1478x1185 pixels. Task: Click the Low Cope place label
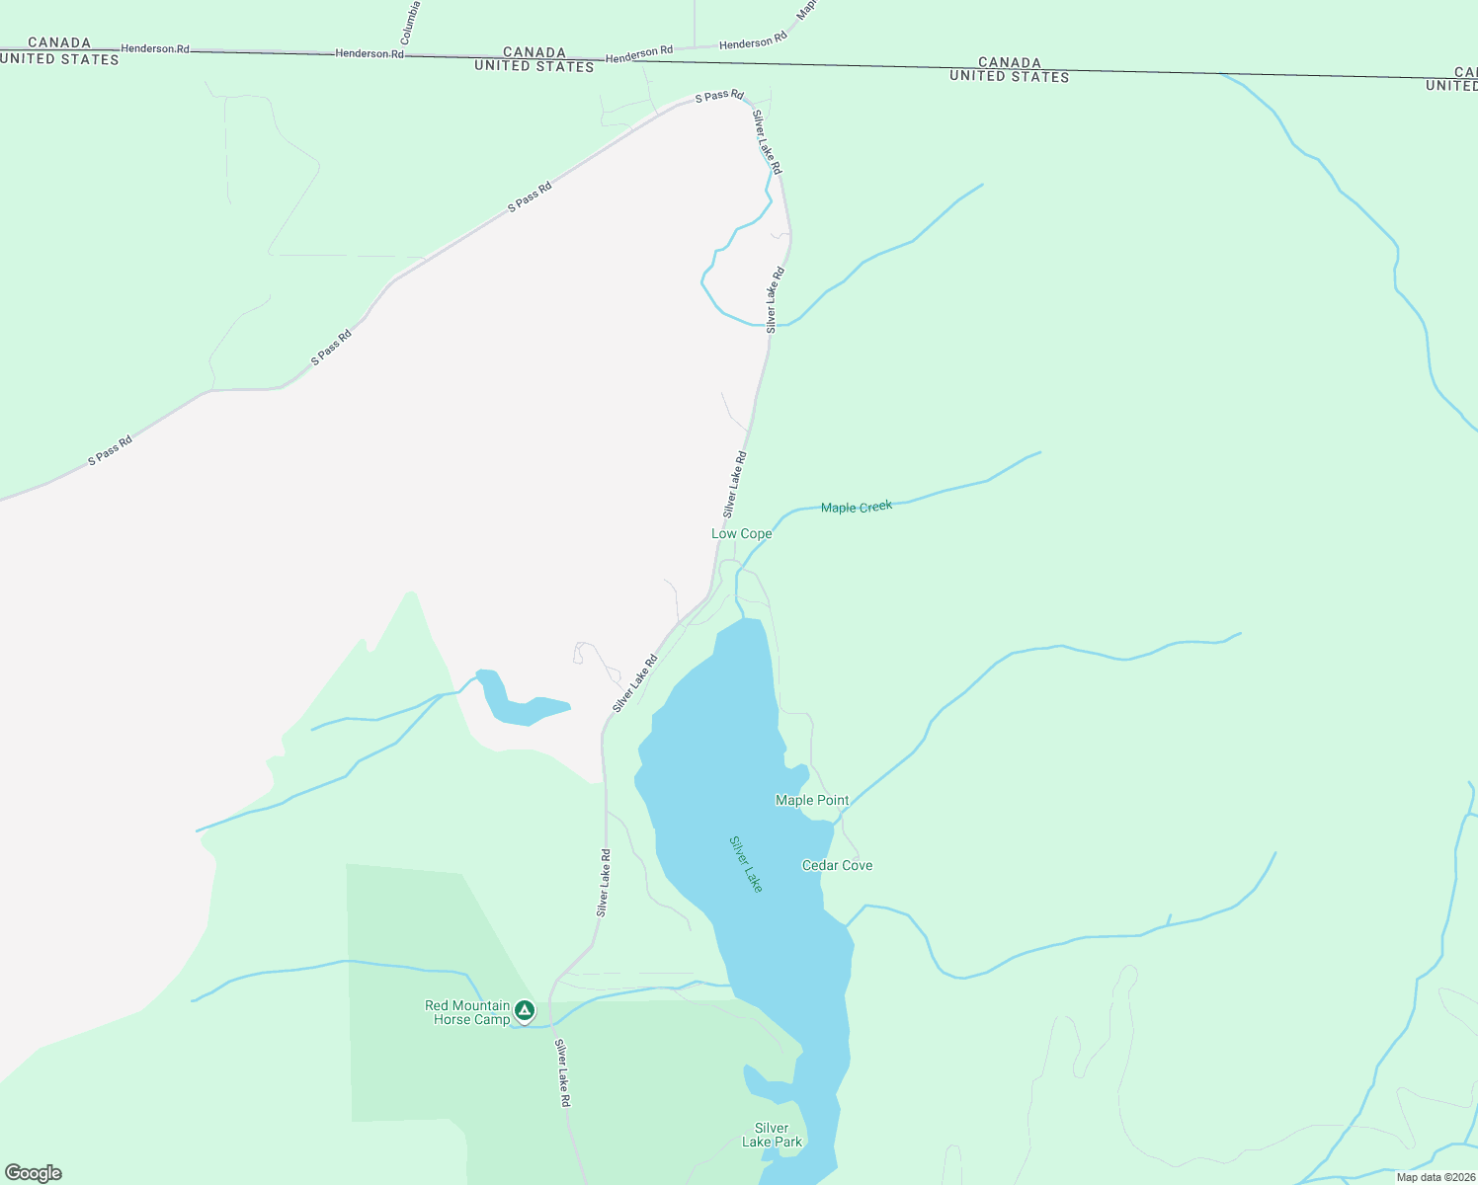(x=741, y=534)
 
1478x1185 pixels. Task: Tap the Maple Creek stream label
(x=857, y=508)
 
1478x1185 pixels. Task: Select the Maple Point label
(x=812, y=801)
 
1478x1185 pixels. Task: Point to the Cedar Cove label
(x=837, y=866)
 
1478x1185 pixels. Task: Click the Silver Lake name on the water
(x=746, y=864)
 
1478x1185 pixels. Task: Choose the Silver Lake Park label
(x=772, y=1136)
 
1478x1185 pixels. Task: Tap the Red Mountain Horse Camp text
(x=467, y=1012)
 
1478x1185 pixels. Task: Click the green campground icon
(x=525, y=1010)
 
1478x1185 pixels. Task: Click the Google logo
(x=34, y=1173)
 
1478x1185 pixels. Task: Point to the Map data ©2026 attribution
(x=1436, y=1177)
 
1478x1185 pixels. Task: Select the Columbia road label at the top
(x=411, y=22)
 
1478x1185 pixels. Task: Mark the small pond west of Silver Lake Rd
(x=519, y=703)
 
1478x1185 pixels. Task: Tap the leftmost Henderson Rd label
(x=155, y=48)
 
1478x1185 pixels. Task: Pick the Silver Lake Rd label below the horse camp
(x=562, y=1072)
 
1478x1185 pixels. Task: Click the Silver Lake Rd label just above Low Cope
(x=734, y=485)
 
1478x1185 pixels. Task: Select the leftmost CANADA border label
(x=59, y=42)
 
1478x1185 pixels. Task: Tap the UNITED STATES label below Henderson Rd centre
(x=534, y=66)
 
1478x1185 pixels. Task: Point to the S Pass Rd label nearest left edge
(x=110, y=451)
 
